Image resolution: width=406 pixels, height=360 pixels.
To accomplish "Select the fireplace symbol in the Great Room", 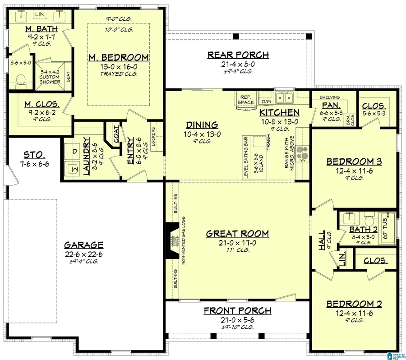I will pos(171,241).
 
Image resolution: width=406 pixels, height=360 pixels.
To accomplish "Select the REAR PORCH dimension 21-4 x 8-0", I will pos(238,64).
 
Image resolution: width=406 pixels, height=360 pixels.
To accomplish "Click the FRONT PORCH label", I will pos(237,310).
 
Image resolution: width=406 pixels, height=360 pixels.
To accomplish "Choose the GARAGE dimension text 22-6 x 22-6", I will pos(83,254).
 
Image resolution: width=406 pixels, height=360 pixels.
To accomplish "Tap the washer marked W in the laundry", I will pos(72,169).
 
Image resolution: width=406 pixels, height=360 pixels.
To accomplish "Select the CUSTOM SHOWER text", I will pos(50,79).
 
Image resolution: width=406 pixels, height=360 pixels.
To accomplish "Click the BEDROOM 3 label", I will pos(354,161).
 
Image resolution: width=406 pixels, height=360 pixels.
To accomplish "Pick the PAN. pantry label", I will pos(328,104).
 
